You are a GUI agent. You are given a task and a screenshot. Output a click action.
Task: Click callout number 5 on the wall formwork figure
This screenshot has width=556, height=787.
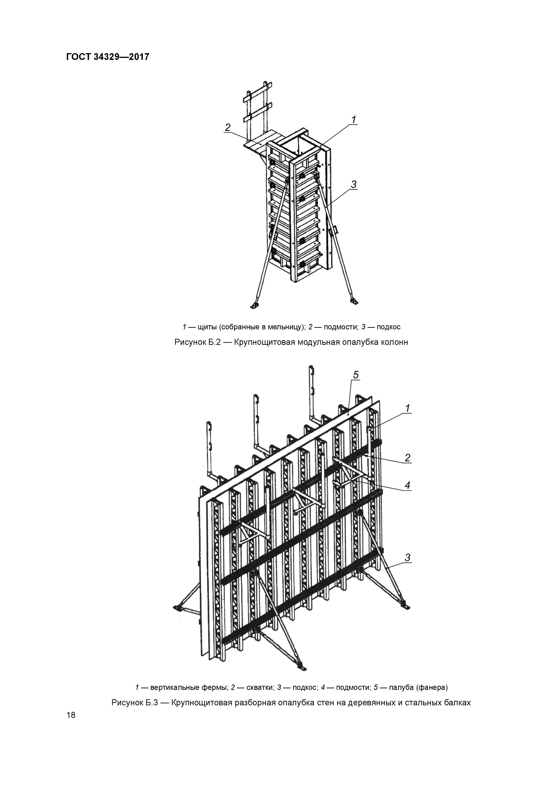click(356, 375)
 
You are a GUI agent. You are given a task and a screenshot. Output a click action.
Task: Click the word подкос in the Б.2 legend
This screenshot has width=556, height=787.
click(389, 327)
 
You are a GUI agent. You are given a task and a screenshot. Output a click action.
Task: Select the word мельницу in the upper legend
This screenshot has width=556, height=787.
click(284, 327)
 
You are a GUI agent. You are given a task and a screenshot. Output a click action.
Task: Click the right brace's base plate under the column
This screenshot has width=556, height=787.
click(354, 301)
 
